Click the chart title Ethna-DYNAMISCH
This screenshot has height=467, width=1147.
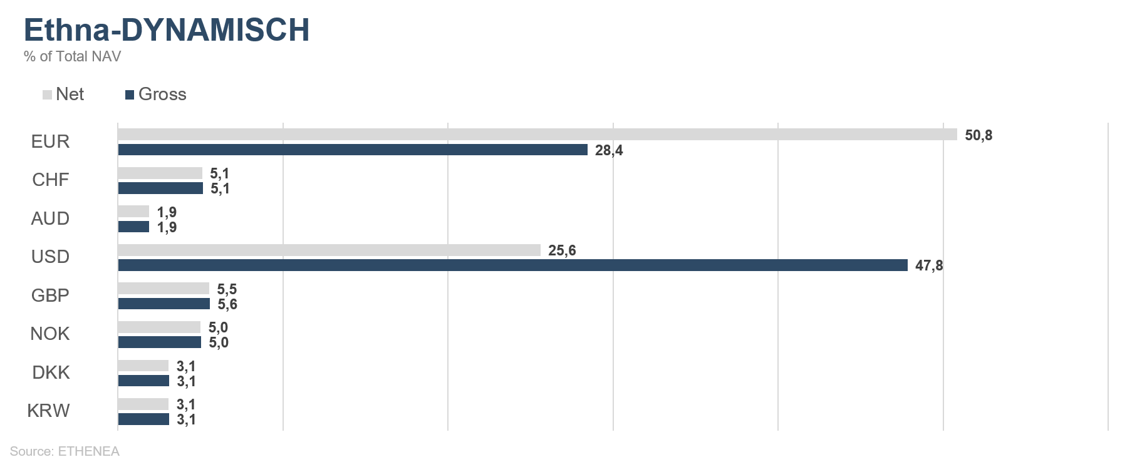click(x=167, y=30)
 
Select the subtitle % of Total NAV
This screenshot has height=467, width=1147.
click(x=72, y=56)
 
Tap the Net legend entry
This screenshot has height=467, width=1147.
click(x=63, y=95)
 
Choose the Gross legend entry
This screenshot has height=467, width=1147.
click(x=156, y=95)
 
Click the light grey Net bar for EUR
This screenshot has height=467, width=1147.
click(x=537, y=134)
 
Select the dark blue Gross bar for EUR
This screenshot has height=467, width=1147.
click(x=353, y=150)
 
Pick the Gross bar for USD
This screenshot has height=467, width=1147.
click(x=512, y=265)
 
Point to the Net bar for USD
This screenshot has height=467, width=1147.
click(x=329, y=250)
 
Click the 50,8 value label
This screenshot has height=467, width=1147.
click(x=978, y=135)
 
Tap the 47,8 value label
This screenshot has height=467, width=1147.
click(x=929, y=265)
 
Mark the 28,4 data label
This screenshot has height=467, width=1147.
click(x=609, y=150)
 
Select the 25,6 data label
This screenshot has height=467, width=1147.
click(x=562, y=250)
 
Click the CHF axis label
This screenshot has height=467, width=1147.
click(x=51, y=180)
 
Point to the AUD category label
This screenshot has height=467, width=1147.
click(x=50, y=218)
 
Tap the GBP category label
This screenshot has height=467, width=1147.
click(x=50, y=295)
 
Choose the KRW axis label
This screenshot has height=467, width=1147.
click(x=48, y=411)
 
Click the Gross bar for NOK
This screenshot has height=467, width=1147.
click(x=159, y=342)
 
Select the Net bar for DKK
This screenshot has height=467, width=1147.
click(x=143, y=366)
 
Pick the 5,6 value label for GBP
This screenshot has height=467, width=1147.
click(x=227, y=304)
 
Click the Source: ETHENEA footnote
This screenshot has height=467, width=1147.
click(x=65, y=451)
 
